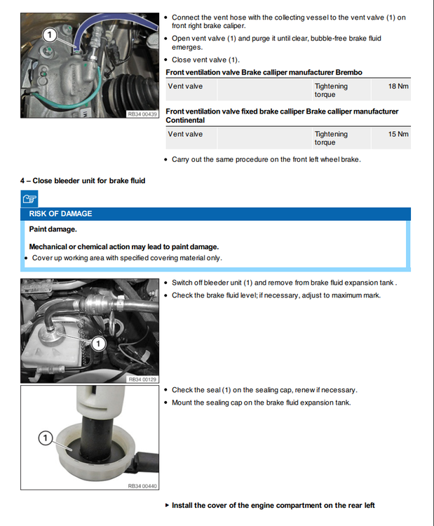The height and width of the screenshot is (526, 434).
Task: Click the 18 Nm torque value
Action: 398,86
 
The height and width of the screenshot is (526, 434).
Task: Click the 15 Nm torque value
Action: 398,134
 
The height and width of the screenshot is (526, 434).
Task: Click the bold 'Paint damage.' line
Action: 53,229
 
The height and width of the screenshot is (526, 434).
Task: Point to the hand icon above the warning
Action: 29,199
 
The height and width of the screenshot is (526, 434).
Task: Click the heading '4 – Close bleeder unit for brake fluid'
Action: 83,181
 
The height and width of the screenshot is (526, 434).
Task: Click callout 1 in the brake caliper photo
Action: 50,34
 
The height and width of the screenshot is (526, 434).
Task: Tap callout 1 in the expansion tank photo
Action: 99,343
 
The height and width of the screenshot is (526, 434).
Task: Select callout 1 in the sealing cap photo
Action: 45,438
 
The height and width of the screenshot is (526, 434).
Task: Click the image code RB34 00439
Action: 142,113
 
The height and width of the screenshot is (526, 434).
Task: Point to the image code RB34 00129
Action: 142,379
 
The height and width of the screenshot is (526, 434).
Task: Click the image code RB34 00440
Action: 142,485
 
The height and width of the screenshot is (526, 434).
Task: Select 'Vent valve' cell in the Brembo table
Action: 185,86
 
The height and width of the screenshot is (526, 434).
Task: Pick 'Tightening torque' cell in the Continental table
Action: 331,137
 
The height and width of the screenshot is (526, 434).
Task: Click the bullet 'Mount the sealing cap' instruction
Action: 261,403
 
